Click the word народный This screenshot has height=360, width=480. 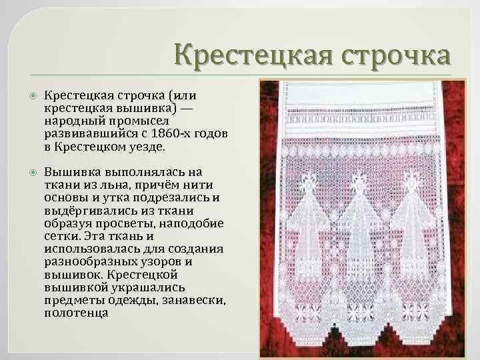(x=73, y=121)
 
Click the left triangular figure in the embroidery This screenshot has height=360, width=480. (x=307, y=227)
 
